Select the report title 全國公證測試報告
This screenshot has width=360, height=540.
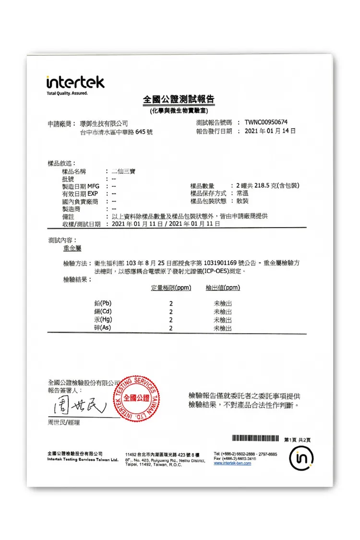pyautogui.click(x=179, y=100)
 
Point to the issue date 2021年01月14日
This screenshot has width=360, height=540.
pyautogui.click(x=270, y=131)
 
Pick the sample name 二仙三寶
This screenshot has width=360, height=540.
pyautogui.click(x=123, y=171)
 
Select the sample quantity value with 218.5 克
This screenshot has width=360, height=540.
pyautogui.click(x=268, y=186)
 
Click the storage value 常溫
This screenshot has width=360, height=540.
pyautogui.click(x=240, y=193)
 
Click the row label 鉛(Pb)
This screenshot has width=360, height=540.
pyautogui.click(x=103, y=303)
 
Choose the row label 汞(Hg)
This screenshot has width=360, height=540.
pyautogui.click(x=103, y=320)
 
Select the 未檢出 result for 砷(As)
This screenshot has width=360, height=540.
pyautogui.click(x=223, y=328)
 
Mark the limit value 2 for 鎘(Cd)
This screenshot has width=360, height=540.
pyautogui.click(x=171, y=312)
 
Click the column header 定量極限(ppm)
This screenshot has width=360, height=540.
pyautogui.click(x=171, y=288)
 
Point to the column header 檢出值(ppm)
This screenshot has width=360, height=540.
pyautogui.click(x=223, y=288)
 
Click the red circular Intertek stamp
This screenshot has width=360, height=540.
pyautogui.click(x=136, y=398)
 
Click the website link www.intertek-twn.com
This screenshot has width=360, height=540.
pyautogui.click(x=232, y=463)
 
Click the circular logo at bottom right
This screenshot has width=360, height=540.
pyautogui.click(x=302, y=459)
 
